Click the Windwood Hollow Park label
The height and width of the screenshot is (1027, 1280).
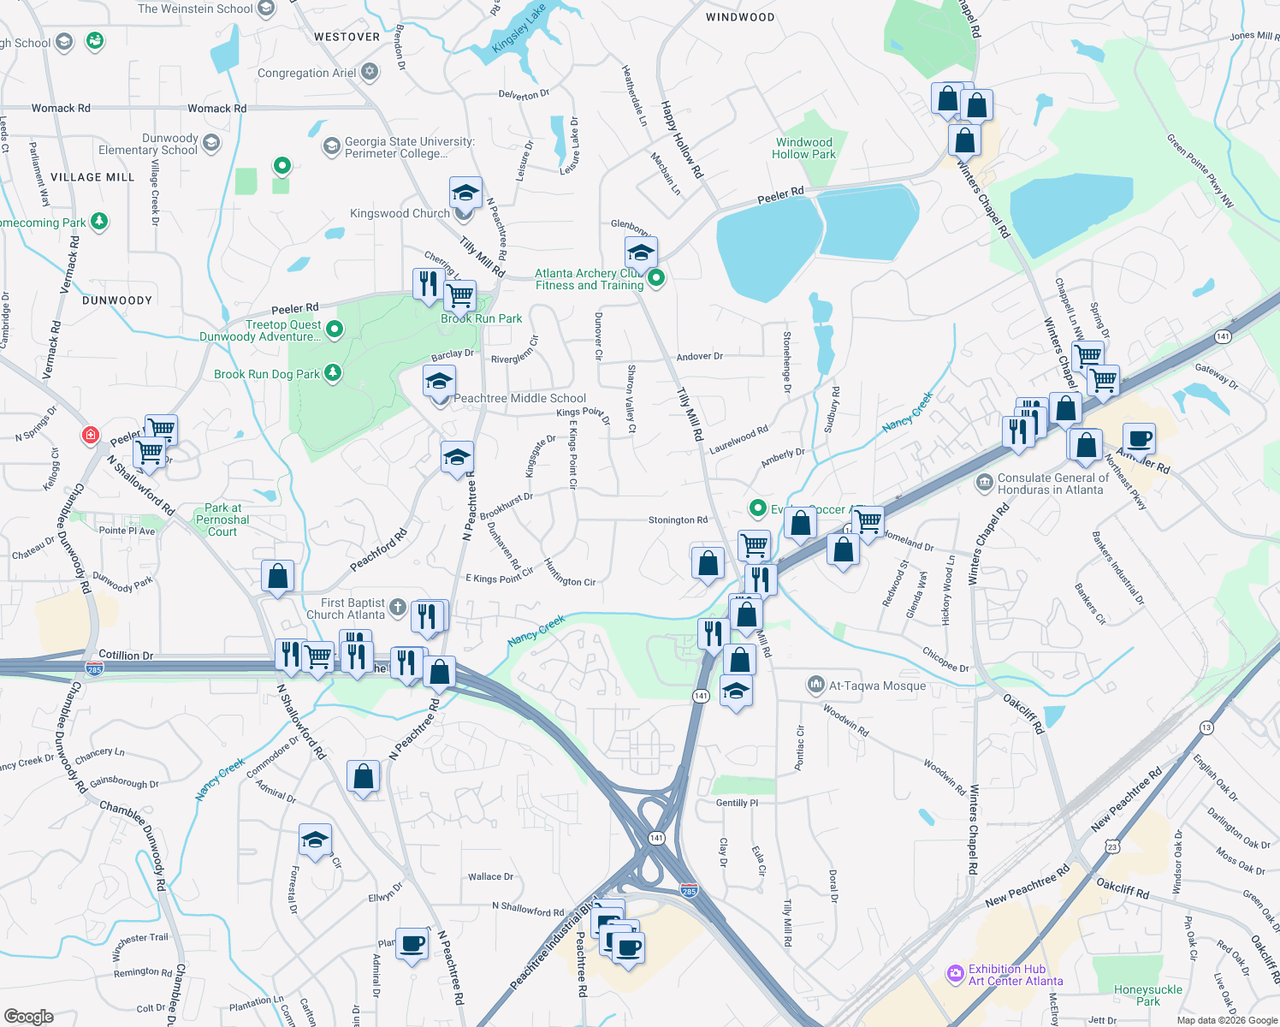(x=803, y=148)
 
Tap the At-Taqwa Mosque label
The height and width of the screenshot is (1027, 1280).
(x=876, y=686)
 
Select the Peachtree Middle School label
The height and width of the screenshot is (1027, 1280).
(x=519, y=398)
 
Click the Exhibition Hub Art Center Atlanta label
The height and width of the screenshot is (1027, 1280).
(x=1015, y=975)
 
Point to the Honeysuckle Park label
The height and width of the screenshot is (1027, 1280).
(x=1147, y=995)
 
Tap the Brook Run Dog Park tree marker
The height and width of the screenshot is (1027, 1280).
(x=333, y=373)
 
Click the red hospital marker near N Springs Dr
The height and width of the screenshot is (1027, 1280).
(x=90, y=436)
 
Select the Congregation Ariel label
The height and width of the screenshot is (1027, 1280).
(x=306, y=73)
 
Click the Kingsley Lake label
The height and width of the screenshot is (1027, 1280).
(x=519, y=28)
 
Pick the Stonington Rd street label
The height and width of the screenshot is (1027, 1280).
(x=678, y=519)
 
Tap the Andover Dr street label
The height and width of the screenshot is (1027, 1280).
(x=699, y=356)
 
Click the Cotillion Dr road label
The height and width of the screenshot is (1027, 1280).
(x=126, y=656)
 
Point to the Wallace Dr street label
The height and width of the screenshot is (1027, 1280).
(x=490, y=876)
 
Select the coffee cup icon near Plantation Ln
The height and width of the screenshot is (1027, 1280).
(x=412, y=943)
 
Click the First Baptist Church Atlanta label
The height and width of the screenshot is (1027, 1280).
(x=347, y=608)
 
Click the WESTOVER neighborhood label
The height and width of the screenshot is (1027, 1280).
(x=347, y=37)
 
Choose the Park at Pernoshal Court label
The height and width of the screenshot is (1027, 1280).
(x=222, y=519)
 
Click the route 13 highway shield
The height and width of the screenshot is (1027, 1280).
(x=1206, y=727)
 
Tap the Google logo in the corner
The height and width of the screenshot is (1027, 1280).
(x=28, y=1017)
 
